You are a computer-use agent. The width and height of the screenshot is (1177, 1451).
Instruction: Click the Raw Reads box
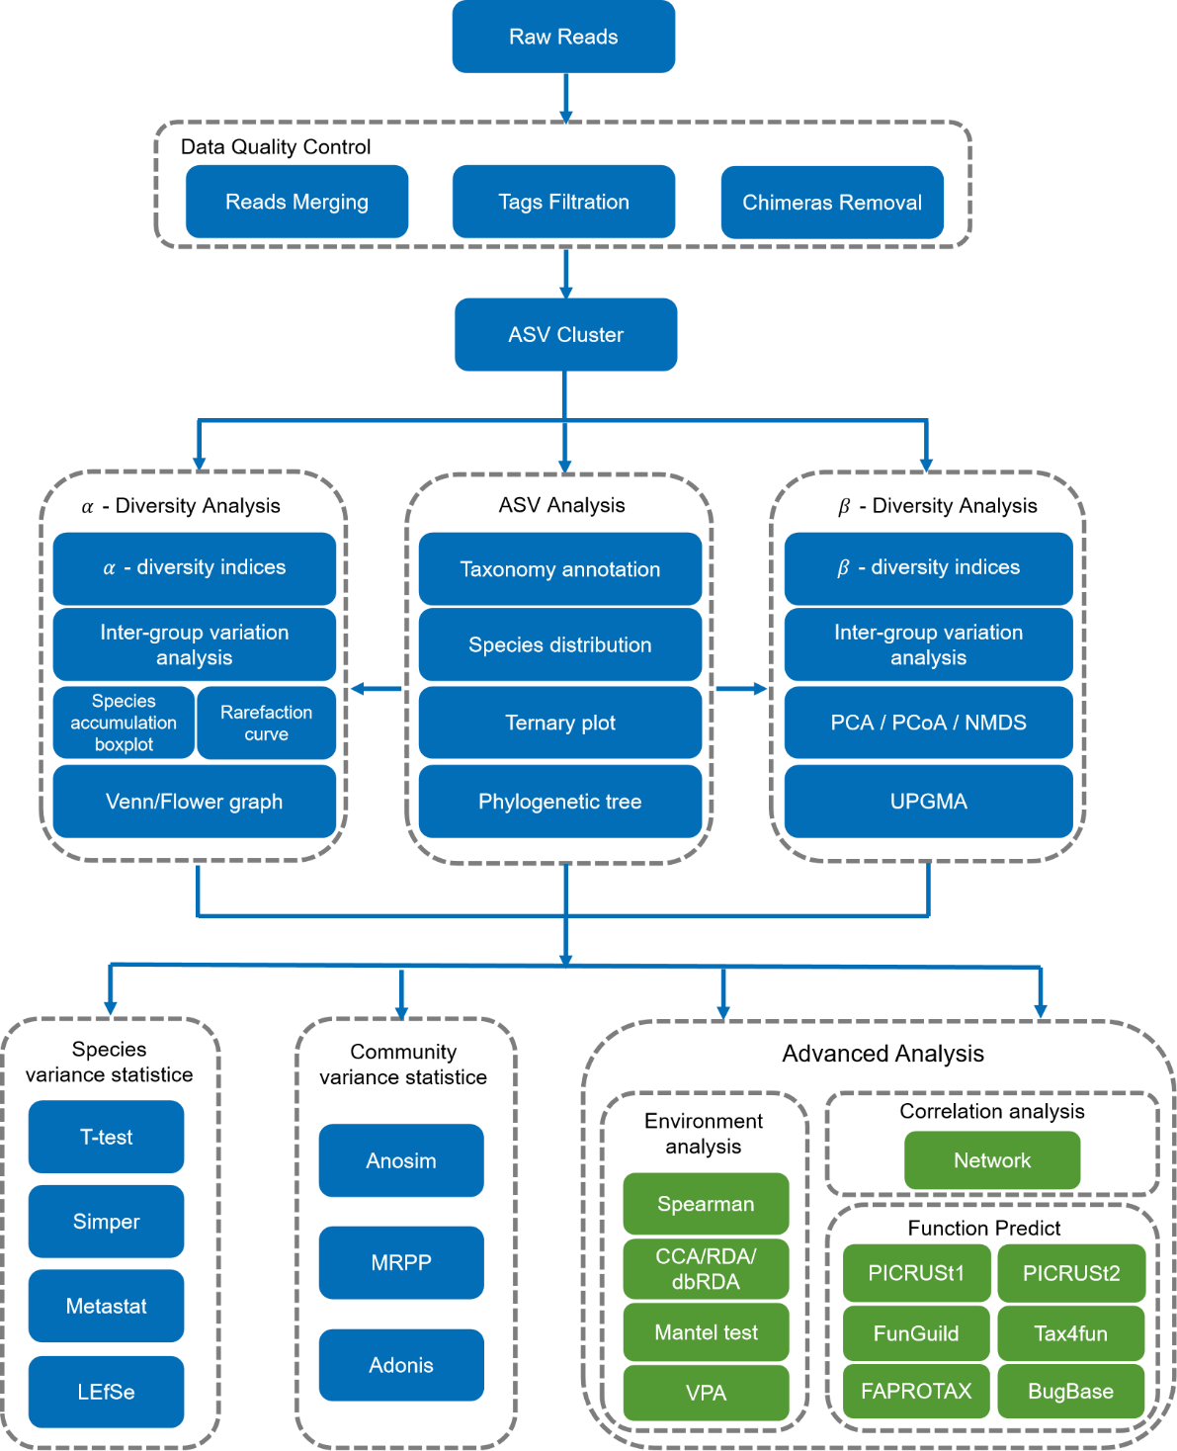tap(563, 37)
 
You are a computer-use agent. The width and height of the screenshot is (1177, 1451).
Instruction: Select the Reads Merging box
tap(296, 202)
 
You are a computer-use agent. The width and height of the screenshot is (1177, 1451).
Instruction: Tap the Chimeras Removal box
tap(832, 203)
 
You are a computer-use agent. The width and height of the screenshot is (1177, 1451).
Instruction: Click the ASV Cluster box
tap(565, 335)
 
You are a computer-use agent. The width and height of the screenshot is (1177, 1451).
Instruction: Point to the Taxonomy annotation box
tap(560, 569)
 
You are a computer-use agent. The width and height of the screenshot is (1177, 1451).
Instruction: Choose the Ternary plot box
tap(560, 723)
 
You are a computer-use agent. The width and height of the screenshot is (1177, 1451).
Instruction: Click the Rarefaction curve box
tap(267, 724)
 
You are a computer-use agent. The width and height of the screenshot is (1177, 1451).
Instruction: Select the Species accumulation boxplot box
tap(124, 723)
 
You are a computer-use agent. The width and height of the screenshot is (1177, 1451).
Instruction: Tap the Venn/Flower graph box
tap(195, 802)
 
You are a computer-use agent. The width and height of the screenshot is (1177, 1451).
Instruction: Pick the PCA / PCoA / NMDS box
tap(928, 723)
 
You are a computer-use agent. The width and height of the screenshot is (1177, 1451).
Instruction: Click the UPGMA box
tap(928, 802)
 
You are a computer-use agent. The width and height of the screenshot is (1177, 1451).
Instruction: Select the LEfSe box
tap(106, 1392)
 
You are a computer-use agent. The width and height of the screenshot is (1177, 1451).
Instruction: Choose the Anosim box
tap(401, 1160)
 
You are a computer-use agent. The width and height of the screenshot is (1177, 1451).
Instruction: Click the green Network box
tap(992, 1160)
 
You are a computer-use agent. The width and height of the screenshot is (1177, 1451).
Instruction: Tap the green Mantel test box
tap(706, 1332)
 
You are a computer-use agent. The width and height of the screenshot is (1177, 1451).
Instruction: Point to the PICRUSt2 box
tap(1071, 1273)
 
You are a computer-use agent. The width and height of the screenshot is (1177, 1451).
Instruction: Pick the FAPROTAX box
tap(916, 1391)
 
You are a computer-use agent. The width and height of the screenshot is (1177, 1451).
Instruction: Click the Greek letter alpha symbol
tap(109, 568)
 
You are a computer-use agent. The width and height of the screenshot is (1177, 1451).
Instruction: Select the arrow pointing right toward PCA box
tap(741, 688)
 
